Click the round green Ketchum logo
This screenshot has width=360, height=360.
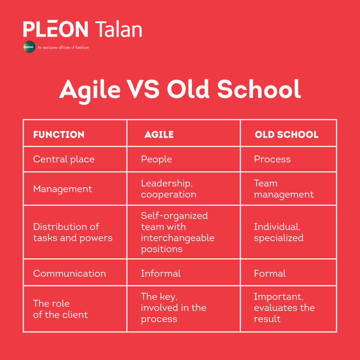[30, 47]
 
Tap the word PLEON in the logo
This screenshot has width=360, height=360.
[56, 29]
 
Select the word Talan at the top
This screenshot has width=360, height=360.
[118, 29]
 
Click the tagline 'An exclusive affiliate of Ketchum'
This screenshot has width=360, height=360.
[63, 47]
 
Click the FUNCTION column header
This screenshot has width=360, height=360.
[59, 134]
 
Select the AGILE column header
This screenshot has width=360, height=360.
[159, 134]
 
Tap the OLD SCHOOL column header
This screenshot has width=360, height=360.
[287, 134]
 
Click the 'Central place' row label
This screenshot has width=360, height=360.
[64, 159]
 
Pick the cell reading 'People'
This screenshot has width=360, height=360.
[156, 159]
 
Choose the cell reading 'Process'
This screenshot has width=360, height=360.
[272, 159]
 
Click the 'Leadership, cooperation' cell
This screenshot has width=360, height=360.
[168, 189]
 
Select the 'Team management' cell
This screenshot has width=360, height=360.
[284, 189]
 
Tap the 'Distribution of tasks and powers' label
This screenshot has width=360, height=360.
[73, 232]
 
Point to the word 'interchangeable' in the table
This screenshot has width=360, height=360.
[178, 238]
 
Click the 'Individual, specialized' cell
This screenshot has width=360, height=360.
[278, 232]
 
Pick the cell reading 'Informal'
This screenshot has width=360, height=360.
[161, 274]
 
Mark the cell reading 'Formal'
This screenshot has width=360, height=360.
[270, 274]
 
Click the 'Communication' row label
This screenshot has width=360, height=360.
[70, 274]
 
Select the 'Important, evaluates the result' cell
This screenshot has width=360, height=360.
[284, 308]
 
